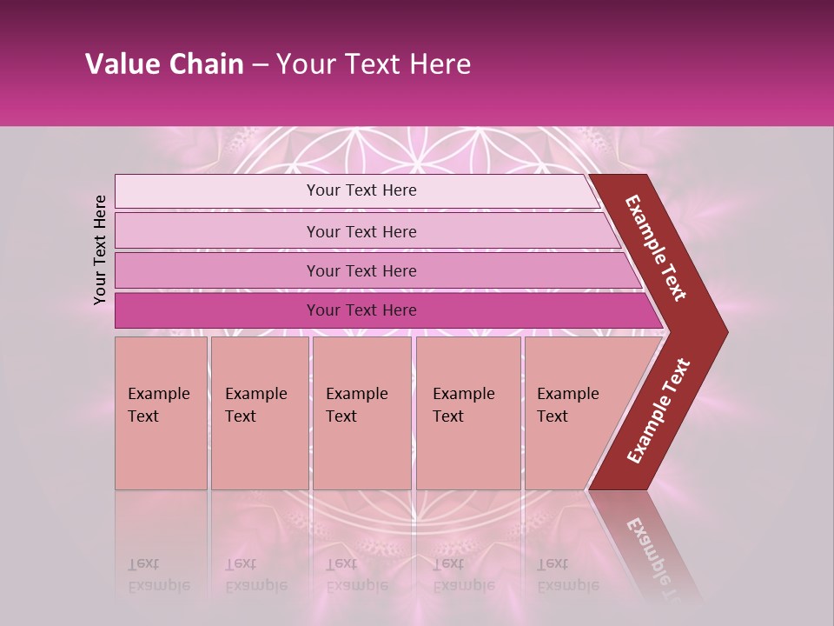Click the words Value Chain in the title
[164, 64]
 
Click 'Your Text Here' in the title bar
[374, 64]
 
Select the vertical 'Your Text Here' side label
[100, 250]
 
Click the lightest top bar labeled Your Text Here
[361, 190]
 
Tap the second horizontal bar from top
[361, 231]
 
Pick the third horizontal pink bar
[361, 270]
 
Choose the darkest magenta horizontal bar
[361, 310]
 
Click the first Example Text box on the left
[161, 413]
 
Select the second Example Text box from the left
[259, 413]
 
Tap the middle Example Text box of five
[361, 413]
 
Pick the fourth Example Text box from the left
[467, 413]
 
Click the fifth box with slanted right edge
[573, 413]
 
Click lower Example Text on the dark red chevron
[659, 411]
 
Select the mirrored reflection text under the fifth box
[567, 576]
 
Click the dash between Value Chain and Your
[260, 65]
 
